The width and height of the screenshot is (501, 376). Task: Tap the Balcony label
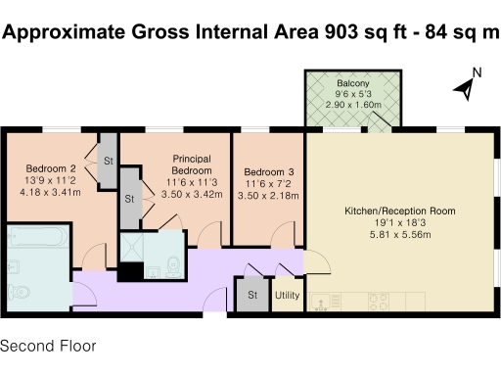(352, 83)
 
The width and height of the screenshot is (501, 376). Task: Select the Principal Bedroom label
(192, 164)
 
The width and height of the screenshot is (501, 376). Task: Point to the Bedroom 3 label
(268, 171)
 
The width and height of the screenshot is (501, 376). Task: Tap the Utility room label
(287, 295)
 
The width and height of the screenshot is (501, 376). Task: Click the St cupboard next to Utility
(251, 295)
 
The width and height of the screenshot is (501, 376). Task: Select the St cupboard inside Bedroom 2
(108, 161)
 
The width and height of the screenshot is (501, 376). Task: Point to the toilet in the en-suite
(172, 261)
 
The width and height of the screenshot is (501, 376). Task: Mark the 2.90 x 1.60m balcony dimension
(352, 103)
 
